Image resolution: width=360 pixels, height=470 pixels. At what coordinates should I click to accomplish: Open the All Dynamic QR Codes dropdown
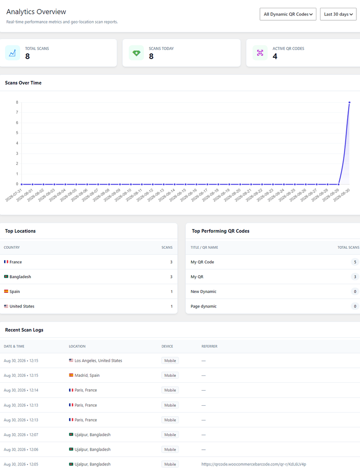coord(288,14)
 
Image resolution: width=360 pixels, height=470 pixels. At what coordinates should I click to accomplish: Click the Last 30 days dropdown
coord(338,14)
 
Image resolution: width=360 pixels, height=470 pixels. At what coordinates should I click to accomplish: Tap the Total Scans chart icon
coord(12,53)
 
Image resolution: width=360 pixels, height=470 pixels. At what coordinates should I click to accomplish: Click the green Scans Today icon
coord(136,53)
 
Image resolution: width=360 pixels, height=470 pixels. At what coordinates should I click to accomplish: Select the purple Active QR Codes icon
coord(260,53)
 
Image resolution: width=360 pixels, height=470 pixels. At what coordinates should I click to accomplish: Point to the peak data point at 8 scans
coord(349,102)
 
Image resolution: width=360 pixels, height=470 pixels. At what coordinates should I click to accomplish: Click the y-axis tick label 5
coord(17,133)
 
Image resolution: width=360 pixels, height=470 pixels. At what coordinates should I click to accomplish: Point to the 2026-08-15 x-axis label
coord(178,195)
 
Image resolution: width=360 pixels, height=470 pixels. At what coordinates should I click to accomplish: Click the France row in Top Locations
coord(89,262)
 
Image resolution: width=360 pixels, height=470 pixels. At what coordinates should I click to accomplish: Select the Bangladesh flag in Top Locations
coord(6,276)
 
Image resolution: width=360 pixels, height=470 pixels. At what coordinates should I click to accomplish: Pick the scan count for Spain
coord(172,291)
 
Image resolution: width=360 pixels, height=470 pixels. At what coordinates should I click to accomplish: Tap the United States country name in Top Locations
coord(22,306)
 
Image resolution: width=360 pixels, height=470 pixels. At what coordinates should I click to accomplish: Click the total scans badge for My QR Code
coord(355,262)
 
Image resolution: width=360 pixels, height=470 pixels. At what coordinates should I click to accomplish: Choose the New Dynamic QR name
coord(203,291)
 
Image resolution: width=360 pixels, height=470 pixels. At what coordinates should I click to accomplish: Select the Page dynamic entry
coord(203,306)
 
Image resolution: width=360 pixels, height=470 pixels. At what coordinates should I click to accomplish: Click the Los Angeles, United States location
coord(98,361)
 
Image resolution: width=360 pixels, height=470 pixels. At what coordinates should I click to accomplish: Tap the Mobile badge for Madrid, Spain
coord(170,375)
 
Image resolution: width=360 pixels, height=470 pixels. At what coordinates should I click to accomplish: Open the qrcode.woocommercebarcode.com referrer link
coord(254,464)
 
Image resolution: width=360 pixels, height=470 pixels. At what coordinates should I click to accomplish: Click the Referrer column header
coord(209,346)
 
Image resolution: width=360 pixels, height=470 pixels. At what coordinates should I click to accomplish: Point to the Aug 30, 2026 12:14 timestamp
coord(21,390)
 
